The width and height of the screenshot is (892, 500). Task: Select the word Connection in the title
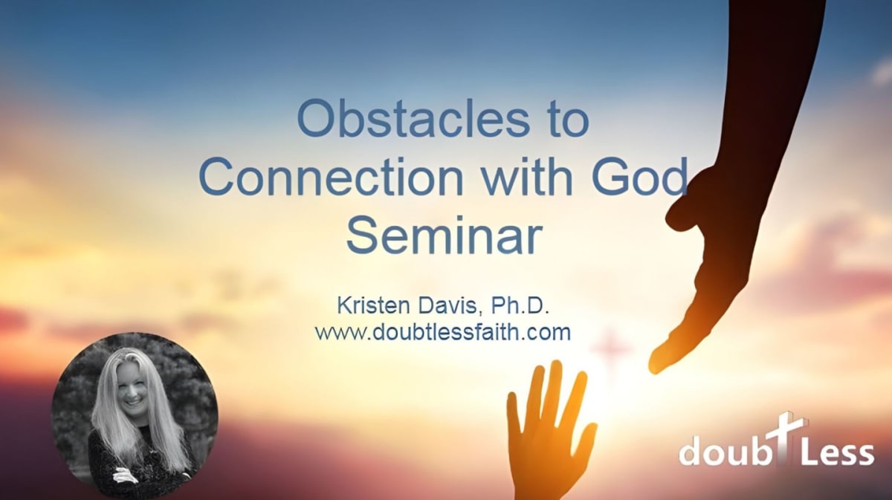(x=332, y=177)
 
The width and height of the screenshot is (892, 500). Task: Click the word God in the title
(x=640, y=176)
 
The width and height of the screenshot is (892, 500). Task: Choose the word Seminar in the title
(x=445, y=235)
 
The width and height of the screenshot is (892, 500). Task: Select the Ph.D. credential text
(x=520, y=306)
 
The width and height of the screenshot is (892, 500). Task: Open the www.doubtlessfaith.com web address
(x=443, y=331)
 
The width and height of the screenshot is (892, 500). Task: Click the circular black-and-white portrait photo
(x=135, y=414)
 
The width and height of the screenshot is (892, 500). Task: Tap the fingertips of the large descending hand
(x=656, y=364)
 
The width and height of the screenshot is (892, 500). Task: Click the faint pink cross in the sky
(x=610, y=349)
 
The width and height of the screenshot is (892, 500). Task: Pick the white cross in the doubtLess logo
(x=780, y=438)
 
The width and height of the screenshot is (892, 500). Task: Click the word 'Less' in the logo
(x=838, y=451)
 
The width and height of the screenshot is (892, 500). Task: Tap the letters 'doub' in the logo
(x=723, y=449)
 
